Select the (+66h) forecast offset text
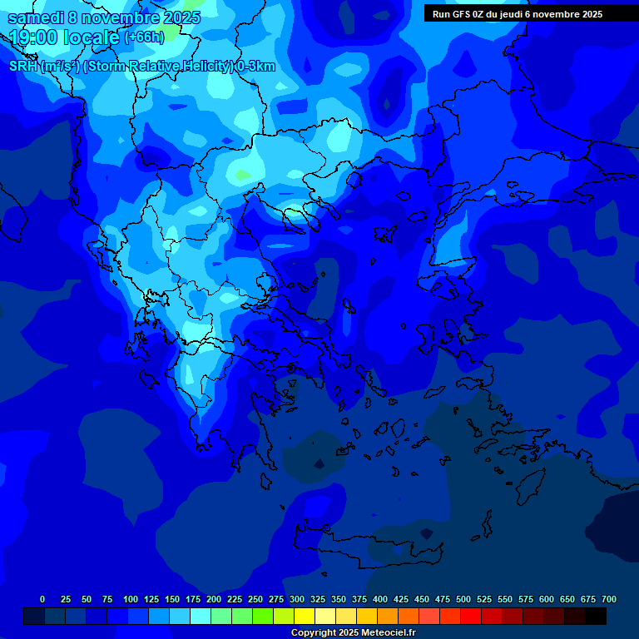point(144,38)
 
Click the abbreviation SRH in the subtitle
point(23,67)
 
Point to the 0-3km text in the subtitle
point(256,67)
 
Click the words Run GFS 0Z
point(458,14)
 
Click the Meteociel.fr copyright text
point(353,633)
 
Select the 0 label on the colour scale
point(42,599)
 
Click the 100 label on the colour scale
point(131,599)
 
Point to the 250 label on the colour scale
point(255,599)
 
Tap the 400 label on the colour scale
point(380,599)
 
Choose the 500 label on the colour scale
point(463,599)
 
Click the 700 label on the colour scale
point(609,599)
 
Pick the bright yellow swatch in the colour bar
point(305,617)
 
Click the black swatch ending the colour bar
point(596,617)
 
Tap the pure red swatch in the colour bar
point(471,617)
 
